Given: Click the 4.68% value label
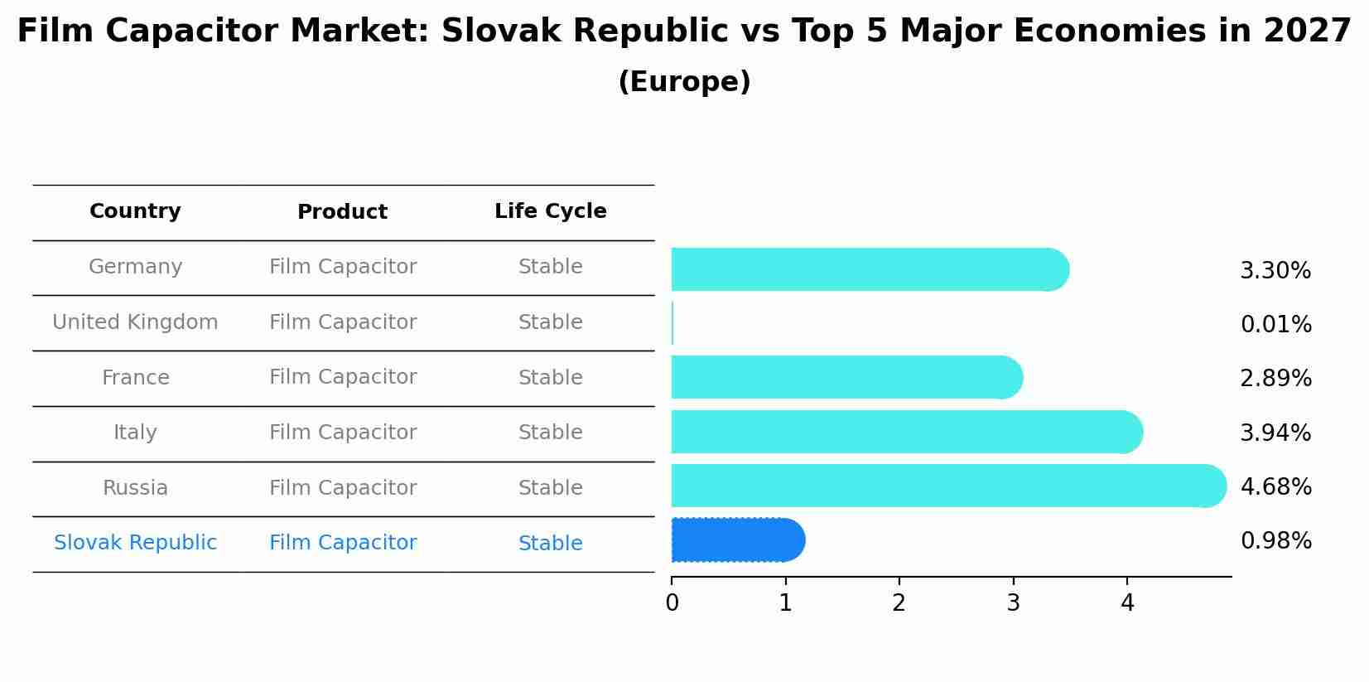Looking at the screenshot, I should [x=1275, y=486].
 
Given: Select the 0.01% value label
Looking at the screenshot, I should [x=1275, y=324].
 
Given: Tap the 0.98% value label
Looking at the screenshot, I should [x=1275, y=541].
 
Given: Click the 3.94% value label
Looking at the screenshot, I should [x=1275, y=433].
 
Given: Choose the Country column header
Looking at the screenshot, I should [x=135, y=211].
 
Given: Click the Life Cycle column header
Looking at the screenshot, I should [x=550, y=211].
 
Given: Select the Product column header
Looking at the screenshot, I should [x=342, y=212].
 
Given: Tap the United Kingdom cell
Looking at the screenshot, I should [x=135, y=322].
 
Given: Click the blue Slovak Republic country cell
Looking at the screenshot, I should [x=135, y=543].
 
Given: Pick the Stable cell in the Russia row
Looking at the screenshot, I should [x=550, y=488].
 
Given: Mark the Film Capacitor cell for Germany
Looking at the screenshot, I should [x=343, y=267].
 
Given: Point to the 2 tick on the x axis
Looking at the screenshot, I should [x=899, y=602].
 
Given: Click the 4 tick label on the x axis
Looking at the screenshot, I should [x=1126, y=602].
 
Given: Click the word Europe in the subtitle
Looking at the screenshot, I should [x=684, y=82].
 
